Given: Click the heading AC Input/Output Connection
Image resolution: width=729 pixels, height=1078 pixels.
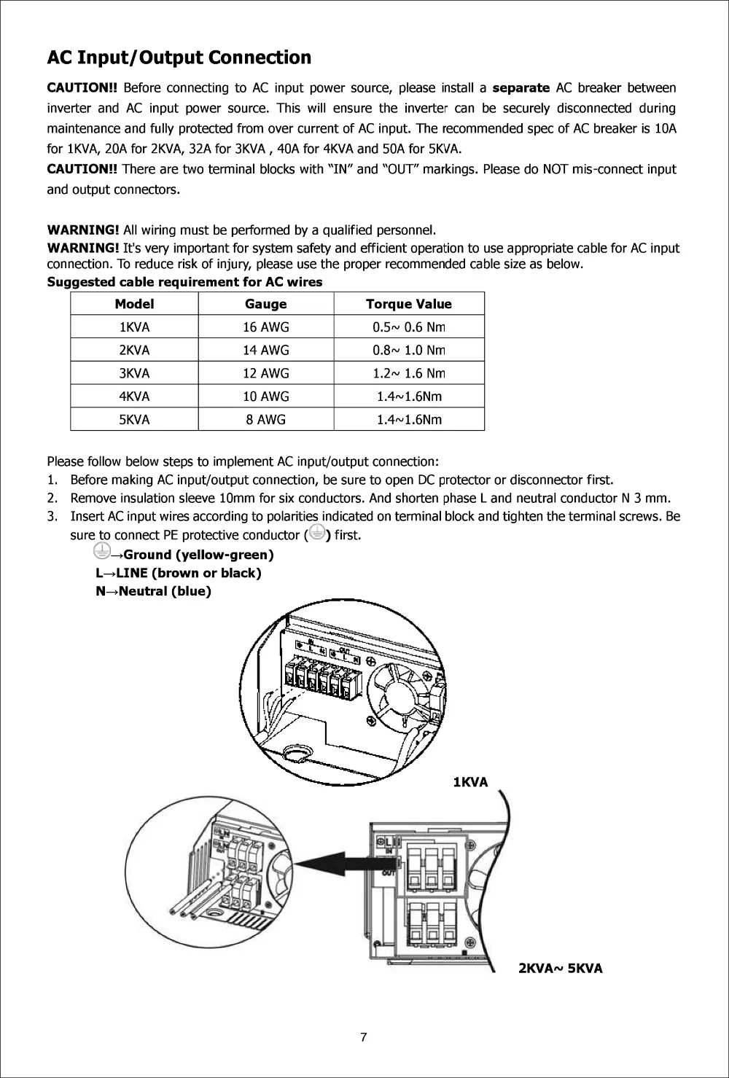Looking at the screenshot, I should [x=179, y=58].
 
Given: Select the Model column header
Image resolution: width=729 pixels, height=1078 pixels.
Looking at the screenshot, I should [x=134, y=304].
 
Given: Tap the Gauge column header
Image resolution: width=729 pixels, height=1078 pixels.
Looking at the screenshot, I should [x=265, y=304].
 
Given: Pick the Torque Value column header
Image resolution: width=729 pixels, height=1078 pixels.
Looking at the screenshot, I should [x=408, y=304].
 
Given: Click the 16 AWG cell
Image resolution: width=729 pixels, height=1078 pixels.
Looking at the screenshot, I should [x=265, y=327].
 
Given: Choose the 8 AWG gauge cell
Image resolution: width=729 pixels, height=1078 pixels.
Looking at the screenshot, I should [x=265, y=420].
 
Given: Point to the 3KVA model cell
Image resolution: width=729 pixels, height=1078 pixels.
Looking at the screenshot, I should [x=134, y=373].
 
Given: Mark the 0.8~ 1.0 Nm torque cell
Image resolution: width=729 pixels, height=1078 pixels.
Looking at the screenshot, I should [x=408, y=350].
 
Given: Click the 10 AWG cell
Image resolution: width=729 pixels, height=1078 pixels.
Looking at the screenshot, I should [x=265, y=397].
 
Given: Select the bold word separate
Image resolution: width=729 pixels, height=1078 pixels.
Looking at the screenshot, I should [x=521, y=88].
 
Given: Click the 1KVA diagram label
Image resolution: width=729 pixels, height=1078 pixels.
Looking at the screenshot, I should [x=470, y=782].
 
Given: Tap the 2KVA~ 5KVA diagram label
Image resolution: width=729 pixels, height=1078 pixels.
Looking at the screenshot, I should [x=560, y=969].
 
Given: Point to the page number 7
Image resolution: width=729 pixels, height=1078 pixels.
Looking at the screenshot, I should [x=364, y=1038].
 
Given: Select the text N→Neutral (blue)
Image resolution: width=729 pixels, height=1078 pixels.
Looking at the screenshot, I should [x=154, y=591].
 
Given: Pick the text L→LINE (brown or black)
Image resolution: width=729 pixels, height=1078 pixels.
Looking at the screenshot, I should [x=179, y=573].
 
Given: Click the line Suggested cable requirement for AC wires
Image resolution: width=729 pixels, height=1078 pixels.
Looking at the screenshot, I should [x=184, y=281].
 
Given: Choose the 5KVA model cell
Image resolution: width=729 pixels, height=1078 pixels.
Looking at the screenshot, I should [x=134, y=420].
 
